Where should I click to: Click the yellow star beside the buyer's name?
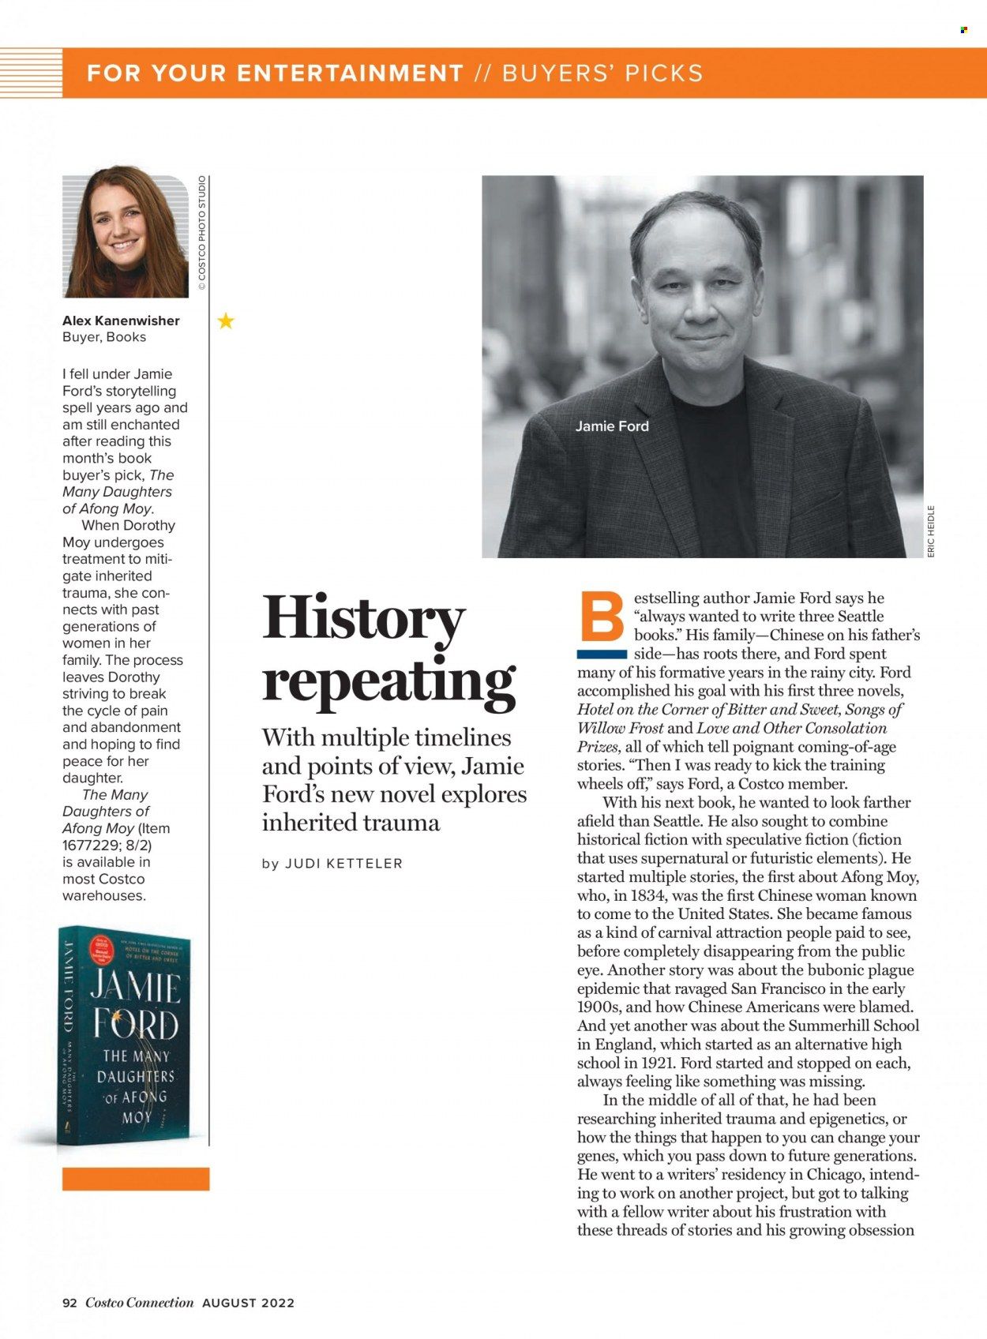[226, 321]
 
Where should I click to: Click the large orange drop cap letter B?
[602, 617]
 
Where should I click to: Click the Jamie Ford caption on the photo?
[612, 426]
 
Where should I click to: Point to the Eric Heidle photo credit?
[931, 531]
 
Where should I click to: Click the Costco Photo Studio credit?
[202, 233]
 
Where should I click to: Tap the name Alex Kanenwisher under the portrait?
[121, 321]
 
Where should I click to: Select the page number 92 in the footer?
[69, 1303]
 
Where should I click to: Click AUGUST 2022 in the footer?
[248, 1303]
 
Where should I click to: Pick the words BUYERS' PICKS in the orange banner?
[602, 73]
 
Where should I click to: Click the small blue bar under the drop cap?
[602, 654]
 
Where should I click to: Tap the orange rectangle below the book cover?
[136, 1179]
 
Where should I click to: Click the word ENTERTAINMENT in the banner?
[350, 73]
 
